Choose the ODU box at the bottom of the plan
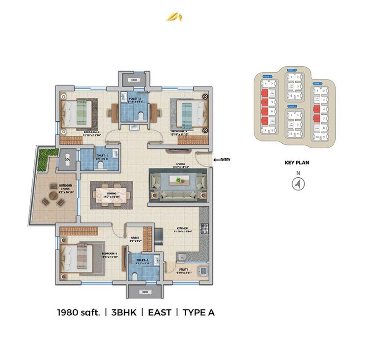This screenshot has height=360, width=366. click(x=144, y=292)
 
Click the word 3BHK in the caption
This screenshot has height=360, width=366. click(x=123, y=312)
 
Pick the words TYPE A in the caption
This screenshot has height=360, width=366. click(x=198, y=312)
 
